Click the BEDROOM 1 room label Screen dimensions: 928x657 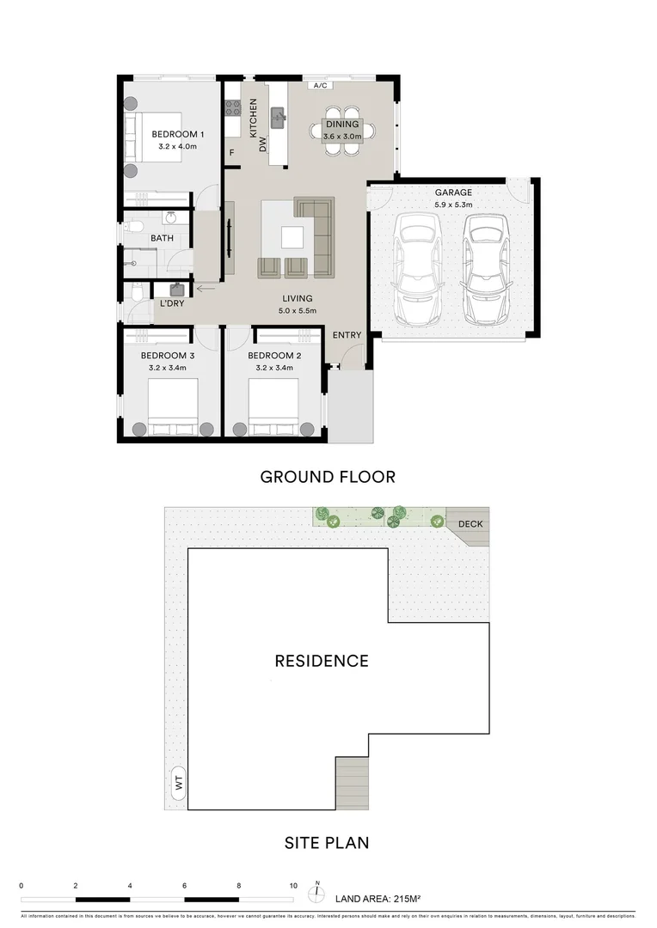pos(178,135)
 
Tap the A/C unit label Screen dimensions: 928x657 pos(320,86)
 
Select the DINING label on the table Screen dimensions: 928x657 pos(341,125)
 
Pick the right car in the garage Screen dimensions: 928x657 pos(486,265)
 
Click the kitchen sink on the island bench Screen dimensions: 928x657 pos(277,116)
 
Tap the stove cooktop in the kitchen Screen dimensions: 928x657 pos(232,108)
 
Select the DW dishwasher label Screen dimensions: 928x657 pos(264,145)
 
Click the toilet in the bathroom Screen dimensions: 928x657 pos(132,228)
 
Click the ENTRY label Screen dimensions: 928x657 pos(347,335)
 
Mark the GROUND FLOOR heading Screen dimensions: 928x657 pos(328,477)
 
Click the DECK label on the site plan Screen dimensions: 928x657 pos(470,524)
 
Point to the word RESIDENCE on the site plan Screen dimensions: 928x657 pos(322,661)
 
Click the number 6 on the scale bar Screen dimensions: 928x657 pos(184,885)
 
